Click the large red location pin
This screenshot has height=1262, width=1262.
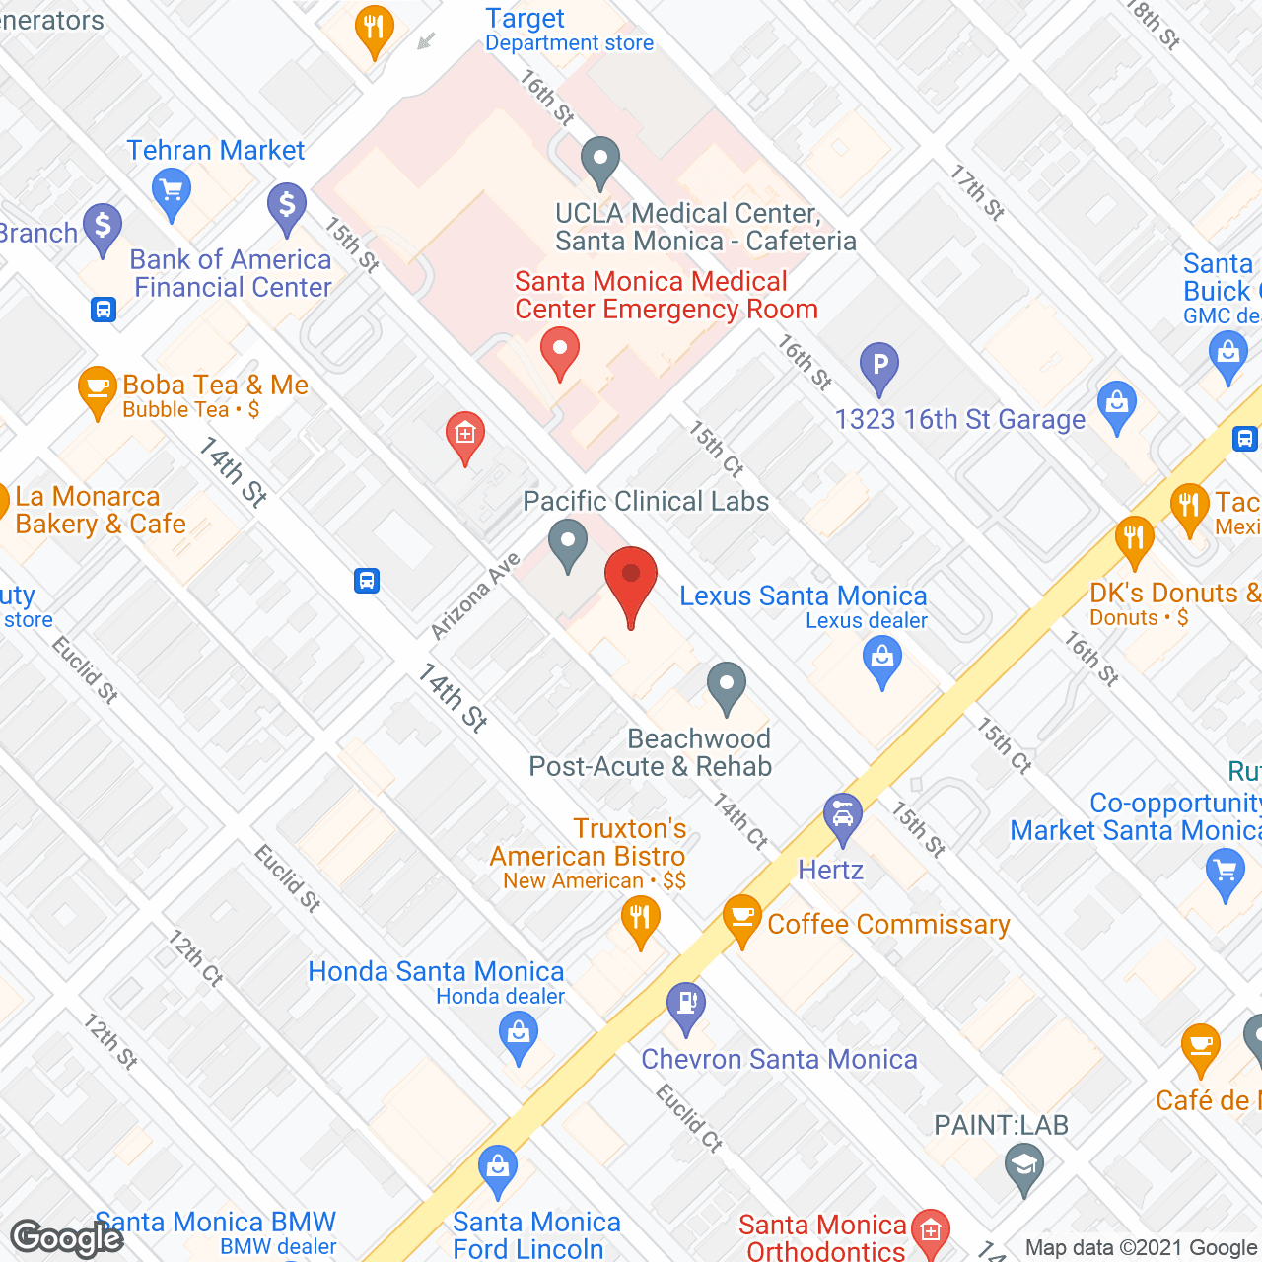point(630,581)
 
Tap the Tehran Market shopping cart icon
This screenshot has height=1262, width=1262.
point(172,191)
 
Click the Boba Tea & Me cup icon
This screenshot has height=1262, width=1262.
point(97,389)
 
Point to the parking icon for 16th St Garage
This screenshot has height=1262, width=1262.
point(879,366)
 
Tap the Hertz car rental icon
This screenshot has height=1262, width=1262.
point(843,817)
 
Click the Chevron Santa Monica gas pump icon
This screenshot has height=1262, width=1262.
point(686,1006)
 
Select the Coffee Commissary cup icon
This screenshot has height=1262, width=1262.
point(741,919)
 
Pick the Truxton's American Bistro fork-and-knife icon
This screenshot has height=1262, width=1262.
point(641,921)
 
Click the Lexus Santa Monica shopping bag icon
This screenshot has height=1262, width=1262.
point(882,660)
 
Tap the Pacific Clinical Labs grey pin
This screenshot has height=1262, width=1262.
point(568,543)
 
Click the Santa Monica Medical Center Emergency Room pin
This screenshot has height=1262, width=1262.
point(560,352)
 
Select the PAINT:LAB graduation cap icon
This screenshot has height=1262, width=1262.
point(1024,1167)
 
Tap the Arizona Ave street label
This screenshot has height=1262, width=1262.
point(475,596)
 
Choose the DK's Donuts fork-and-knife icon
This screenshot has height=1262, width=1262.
point(1135,540)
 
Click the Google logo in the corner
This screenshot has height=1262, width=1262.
point(67,1238)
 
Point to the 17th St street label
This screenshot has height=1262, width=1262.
point(977,192)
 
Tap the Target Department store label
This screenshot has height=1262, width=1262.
point(569,31)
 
